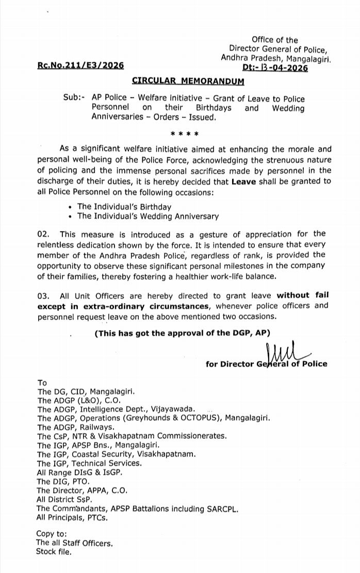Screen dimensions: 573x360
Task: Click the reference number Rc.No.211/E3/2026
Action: [x=80, y=67]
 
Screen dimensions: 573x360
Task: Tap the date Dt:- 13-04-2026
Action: [x=275, y=68]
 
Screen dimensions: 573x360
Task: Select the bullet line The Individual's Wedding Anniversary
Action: [x=148, y=217]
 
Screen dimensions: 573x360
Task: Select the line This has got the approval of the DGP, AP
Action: [x=182, y=333]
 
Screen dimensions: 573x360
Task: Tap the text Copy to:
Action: [x=51, y=534]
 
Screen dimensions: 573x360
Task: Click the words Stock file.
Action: [x=54, y=552]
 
